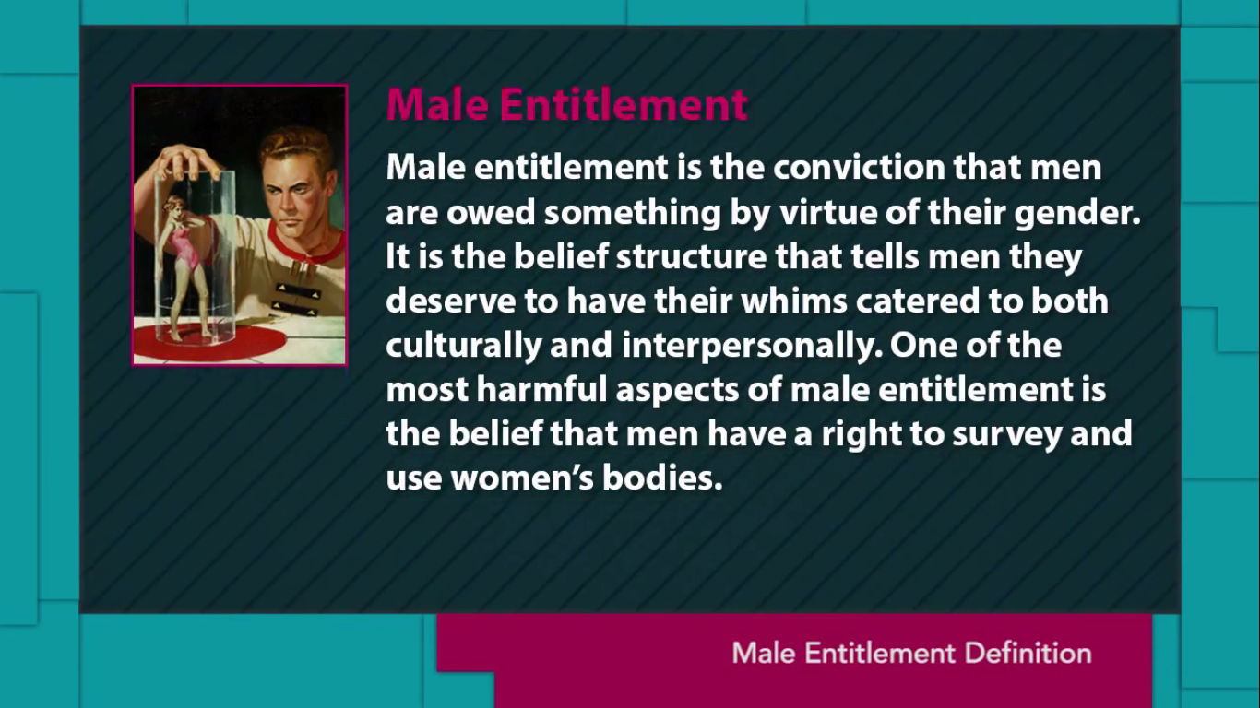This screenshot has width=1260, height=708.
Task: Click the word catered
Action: (918, 301)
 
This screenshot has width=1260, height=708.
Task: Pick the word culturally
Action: (463, 346)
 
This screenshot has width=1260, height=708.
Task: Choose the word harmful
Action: (541, 389)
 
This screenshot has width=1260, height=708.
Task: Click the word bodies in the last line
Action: (662, 478)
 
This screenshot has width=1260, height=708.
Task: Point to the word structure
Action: (691, 256)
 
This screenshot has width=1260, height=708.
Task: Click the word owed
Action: (491, 212)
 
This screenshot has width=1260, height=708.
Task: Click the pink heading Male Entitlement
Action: (567, 104)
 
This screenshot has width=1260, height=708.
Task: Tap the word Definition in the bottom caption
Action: (1028, 654)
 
